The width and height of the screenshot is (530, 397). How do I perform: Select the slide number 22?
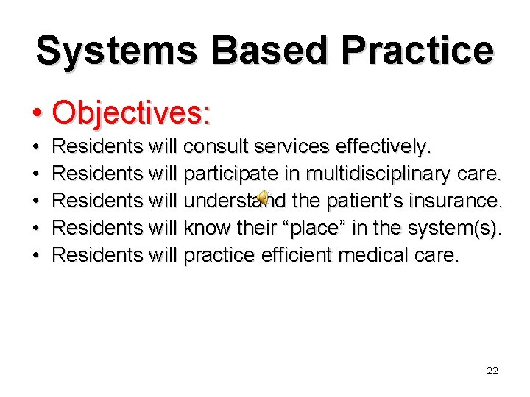[x=492, y=371]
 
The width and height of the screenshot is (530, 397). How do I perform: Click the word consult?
[x=217, y=147]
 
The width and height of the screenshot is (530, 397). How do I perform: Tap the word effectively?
[x=383, y=147]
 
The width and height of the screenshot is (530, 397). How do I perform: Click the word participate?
[x=229, y=174]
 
